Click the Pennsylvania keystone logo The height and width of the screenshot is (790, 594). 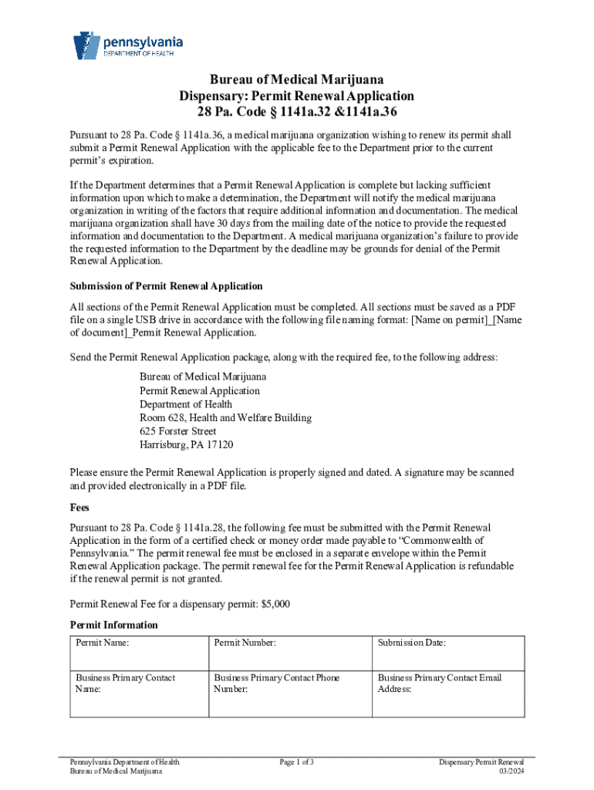pyautogui.click(x=86, y=46)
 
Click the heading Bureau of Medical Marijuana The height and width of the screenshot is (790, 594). pyautogui.click(x=297, y=80)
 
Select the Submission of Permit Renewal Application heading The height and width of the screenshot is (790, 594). pyautogui.click(x=166, y=286)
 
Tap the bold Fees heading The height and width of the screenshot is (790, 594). pyautogui.click(x=80, y=508)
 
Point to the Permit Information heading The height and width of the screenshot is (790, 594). pyautogui.click(x=113, y=625)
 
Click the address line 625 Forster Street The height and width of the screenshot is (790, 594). pyautogui.click(x=177, y=431)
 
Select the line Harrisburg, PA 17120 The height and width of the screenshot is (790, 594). pyautogui.click(x=186, y=445)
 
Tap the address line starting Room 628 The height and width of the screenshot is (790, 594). pyautogui.click(x=225, y=417)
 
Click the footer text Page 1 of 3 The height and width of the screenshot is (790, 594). pyautogui.click(x=296, y=762)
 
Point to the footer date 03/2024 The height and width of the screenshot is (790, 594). pyautogui.click(x=511, y=771)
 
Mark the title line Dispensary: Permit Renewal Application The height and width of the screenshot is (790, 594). pyautogui.click(x=297, y=96)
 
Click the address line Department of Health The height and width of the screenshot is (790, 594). pyautogui.click(x=185, y=404)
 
